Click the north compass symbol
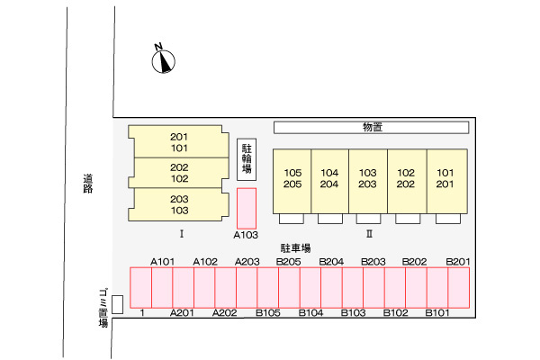click(163, 59)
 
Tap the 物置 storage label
click(372, 127)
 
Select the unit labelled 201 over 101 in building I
click(178, 142)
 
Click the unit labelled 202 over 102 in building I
click(178, 173)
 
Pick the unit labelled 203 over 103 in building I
click(178, 204)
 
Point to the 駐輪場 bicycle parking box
click(247, 159)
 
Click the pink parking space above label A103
click(247, 207)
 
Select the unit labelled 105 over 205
click(292, 179)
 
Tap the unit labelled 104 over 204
click(329, 179)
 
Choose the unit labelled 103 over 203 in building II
click(367, 179)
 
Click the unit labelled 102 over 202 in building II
click(406, 179)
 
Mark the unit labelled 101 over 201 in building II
click(445, 179)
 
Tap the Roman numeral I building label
click(182, 234)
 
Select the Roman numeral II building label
click(369, 234)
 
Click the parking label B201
click(458, 261)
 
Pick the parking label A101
click(162, 261)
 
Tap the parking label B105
click(268, 313)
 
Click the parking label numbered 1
click(143, 313)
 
